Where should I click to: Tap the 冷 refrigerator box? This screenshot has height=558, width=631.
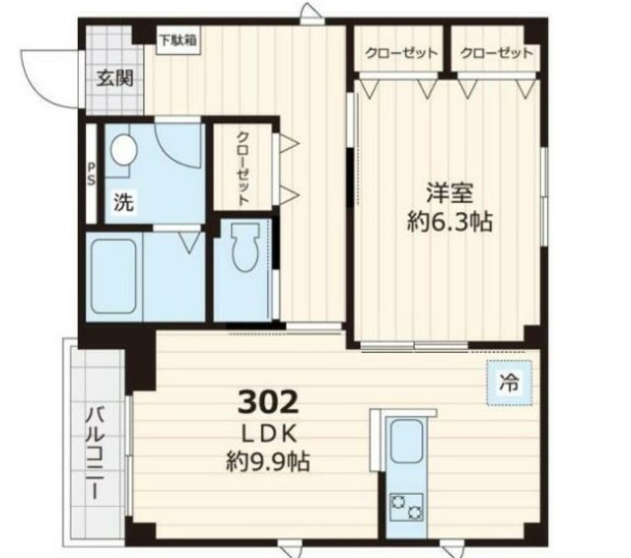tap(507, 381)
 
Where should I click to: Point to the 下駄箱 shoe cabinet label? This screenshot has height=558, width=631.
tap(178, 40)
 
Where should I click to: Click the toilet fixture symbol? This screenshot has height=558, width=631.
tap(245, 247)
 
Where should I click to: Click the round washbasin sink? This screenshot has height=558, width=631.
tap(123, 150)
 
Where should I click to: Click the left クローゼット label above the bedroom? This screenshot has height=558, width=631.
tap(400, 52)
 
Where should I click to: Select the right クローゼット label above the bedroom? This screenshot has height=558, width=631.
tap(496, 52)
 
